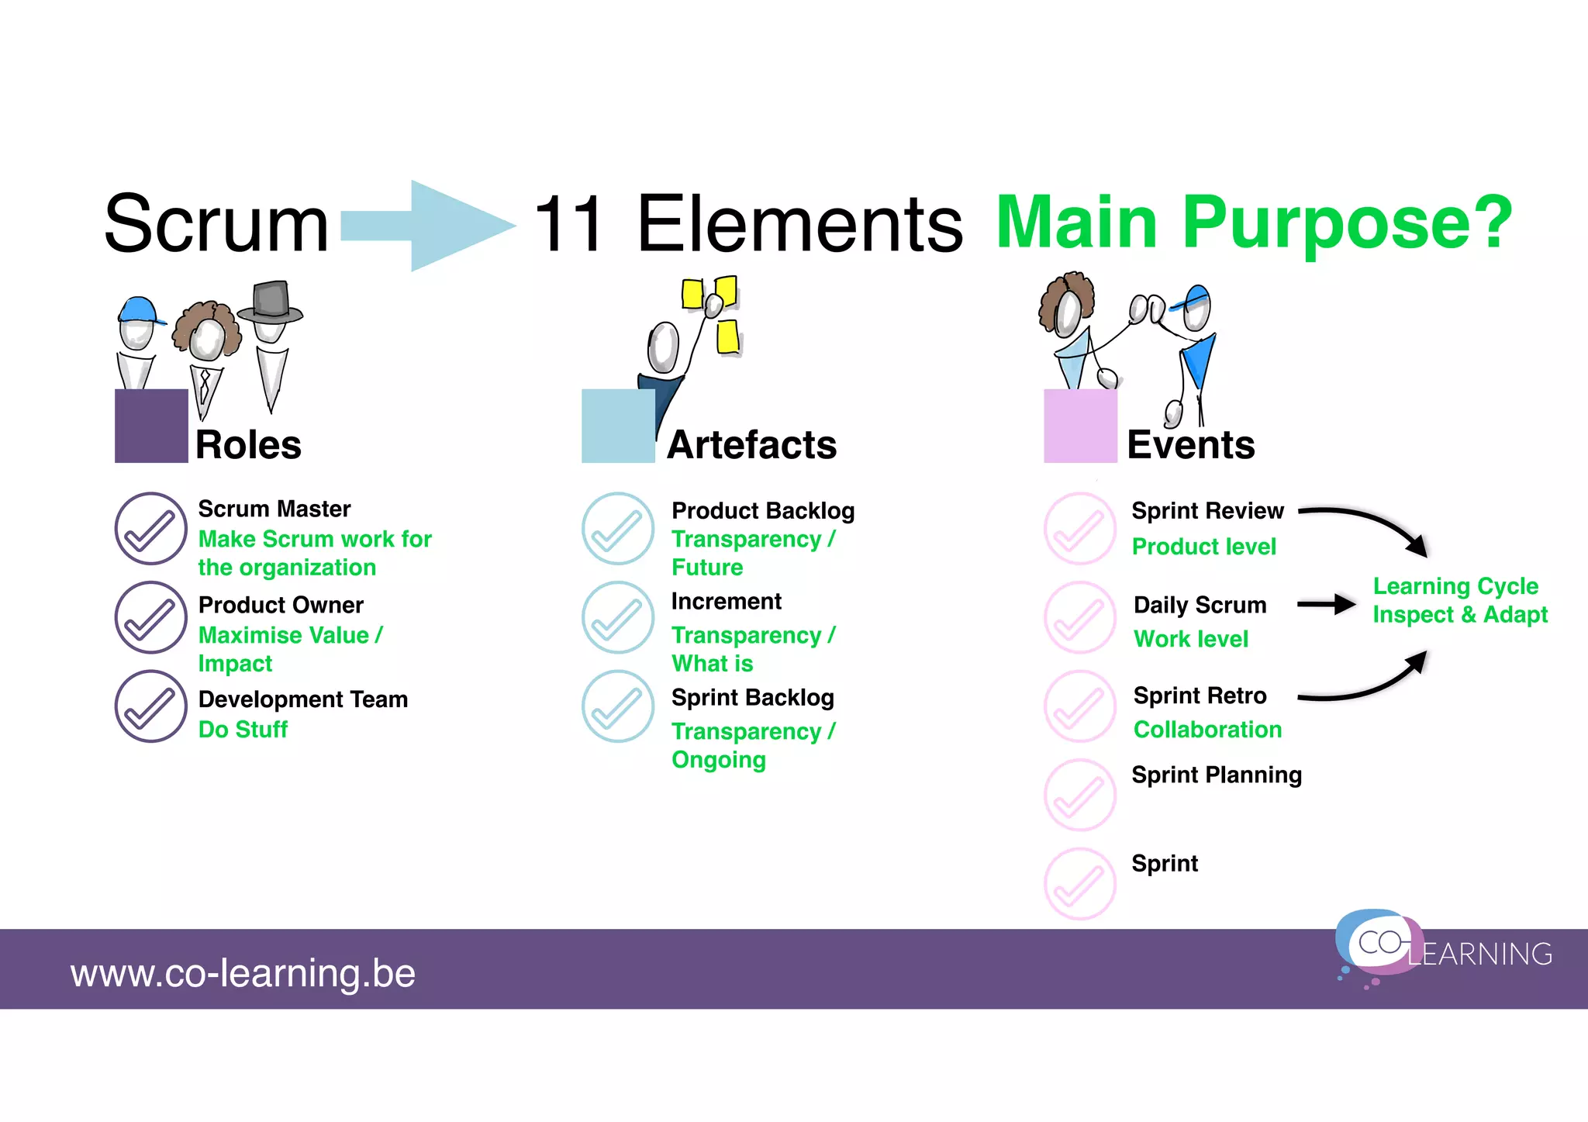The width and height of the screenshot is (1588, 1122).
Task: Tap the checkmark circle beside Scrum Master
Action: click(151, 529)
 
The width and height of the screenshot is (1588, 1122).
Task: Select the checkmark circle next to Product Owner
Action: click(151, 617)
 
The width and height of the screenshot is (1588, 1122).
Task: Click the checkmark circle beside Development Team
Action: click(151, 706)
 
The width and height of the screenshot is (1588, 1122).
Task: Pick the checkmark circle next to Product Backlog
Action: click(618, 529)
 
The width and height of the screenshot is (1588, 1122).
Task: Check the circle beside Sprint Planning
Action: click(1079, 795)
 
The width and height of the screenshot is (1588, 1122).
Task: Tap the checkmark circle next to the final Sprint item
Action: click(1079, 884)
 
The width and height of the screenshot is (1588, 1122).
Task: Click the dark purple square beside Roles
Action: click(151, 426)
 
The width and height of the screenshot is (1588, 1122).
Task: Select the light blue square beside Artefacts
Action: click(618, 426)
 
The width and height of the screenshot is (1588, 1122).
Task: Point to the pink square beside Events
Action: click(1080, 426)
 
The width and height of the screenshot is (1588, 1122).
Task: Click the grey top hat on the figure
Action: click(271, 301)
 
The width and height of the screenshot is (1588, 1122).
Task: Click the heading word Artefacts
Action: click(751, 445)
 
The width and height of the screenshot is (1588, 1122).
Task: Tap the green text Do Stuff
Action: click(243, 730)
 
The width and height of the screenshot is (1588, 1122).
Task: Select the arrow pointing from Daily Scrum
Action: click(1327, 605)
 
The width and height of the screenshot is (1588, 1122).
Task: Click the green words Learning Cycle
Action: click(1455, 586)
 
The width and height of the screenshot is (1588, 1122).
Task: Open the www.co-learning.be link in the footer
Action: click(243, 973)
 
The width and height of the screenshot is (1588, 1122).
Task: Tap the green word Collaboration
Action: click(1207, 730)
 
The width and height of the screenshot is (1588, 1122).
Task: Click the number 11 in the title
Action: click(569, 225)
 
